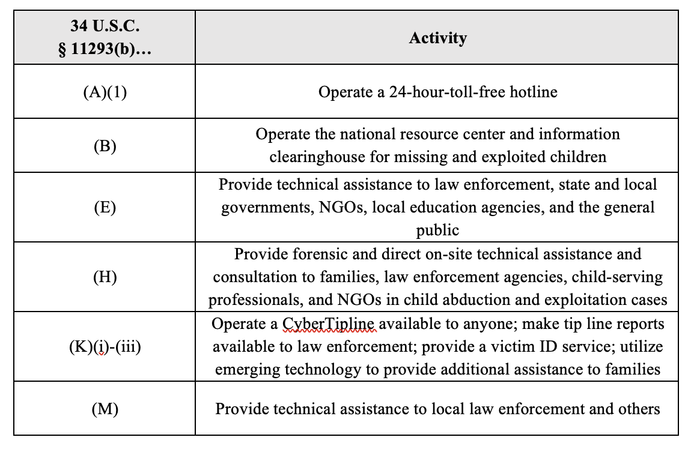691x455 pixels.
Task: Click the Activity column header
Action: tap(437, 38)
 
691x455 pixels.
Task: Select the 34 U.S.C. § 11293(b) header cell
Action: tap(105, 38)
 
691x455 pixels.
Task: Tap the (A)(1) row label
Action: tap(105, 92)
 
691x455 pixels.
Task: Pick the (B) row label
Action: tap(105, 146)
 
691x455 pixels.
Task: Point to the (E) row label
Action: tap(105, 208)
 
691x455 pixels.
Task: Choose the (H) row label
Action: tap(105, 277)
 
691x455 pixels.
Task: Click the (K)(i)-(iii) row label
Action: tap(105, 347)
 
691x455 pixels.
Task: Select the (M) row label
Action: tap(105, 409)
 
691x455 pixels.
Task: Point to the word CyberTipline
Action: tap(329, 324)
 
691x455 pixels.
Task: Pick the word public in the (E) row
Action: tap(437, 230)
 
